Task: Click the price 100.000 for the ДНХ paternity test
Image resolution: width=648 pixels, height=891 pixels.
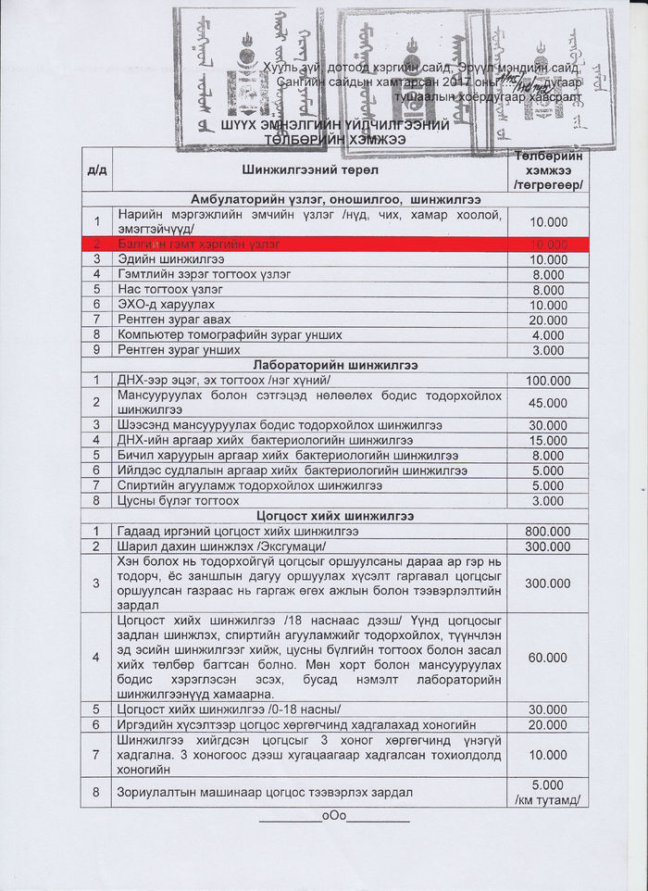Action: pyautogui.click(x=547, y=381)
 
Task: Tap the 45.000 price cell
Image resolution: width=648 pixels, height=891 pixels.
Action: pyautogui.click(x=547, y=403)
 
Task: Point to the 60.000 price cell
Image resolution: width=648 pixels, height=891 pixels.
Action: pyautogui.click(x=547, y=658)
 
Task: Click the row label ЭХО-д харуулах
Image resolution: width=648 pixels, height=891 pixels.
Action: pyautogui.click(x=166, y=305)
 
